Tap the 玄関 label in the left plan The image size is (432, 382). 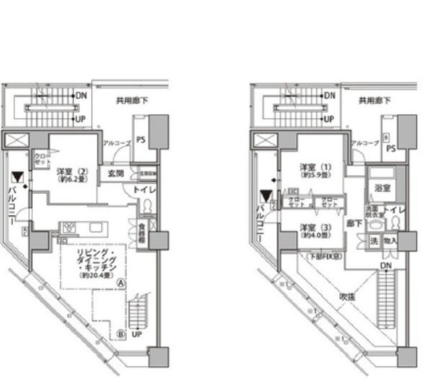[116, 173]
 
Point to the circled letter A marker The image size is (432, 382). [122, 283]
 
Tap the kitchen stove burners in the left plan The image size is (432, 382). [68, 228]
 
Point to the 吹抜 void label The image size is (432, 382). [346, 295]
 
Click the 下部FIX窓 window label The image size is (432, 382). [325, 257]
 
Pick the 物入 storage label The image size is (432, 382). [391, 240]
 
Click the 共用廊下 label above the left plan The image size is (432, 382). [130, 101]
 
